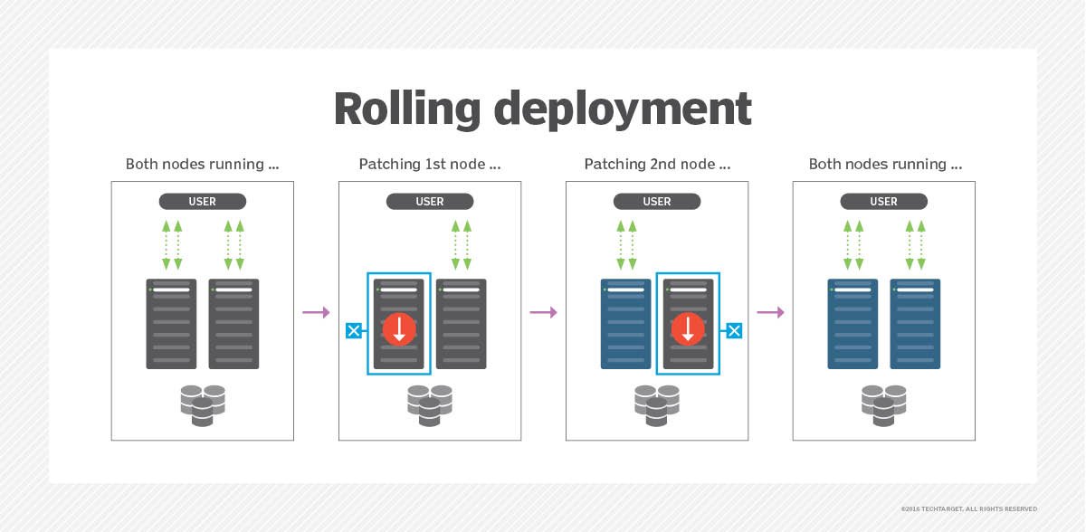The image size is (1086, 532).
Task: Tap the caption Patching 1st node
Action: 429,165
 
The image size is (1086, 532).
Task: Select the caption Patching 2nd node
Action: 656,165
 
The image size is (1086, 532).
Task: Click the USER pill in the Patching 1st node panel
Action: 430,202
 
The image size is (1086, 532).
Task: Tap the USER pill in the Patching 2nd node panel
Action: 657,202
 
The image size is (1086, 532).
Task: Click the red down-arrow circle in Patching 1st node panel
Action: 399,328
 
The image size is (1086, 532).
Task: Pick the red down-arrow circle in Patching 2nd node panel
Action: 688,328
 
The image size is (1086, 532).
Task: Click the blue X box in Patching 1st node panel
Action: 354,331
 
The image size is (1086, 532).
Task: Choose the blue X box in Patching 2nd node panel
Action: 734,331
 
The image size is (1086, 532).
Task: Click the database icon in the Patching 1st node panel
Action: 430,404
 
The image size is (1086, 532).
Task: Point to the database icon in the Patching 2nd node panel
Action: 657,404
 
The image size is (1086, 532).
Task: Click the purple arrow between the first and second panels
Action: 316,312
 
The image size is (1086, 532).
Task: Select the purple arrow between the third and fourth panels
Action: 770,312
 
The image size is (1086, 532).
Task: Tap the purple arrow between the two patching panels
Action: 543,312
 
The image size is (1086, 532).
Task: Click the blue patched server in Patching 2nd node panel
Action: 625,324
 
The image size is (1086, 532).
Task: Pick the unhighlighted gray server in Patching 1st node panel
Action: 462,324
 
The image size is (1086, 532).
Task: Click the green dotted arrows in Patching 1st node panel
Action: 462,244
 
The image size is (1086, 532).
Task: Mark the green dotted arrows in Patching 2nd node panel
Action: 625,244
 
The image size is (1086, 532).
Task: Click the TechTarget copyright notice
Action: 968,508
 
